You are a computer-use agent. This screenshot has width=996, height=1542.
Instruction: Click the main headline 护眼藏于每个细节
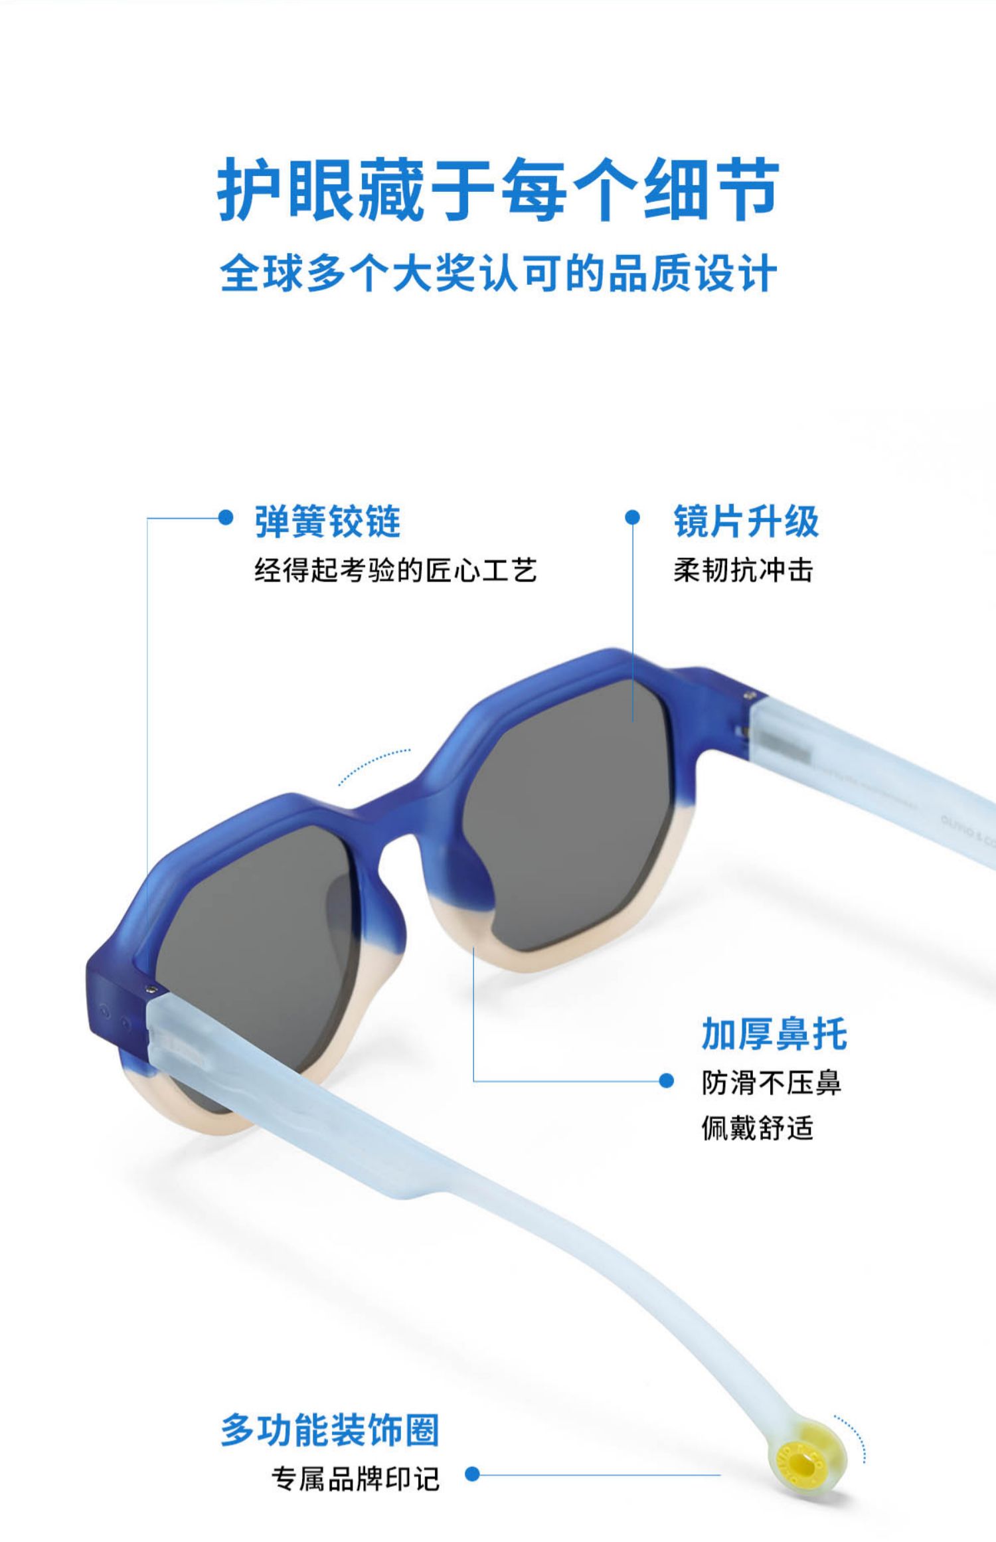(x=498, y=190)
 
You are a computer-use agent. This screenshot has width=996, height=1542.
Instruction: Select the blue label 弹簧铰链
(x=327, y=521)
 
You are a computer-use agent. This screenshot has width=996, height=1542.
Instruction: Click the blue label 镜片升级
(x=746, y=521)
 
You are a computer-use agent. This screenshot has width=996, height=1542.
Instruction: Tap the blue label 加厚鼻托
(x=774, y=1034)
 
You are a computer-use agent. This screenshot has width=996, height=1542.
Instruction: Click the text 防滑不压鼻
(x=772, y=1083)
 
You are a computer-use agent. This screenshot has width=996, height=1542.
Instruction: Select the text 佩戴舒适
(x=758, y=1128)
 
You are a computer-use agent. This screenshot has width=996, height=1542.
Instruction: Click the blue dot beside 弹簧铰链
(x=226, y=517)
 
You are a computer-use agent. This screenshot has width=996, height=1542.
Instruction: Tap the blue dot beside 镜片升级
(x=633, y=517)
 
